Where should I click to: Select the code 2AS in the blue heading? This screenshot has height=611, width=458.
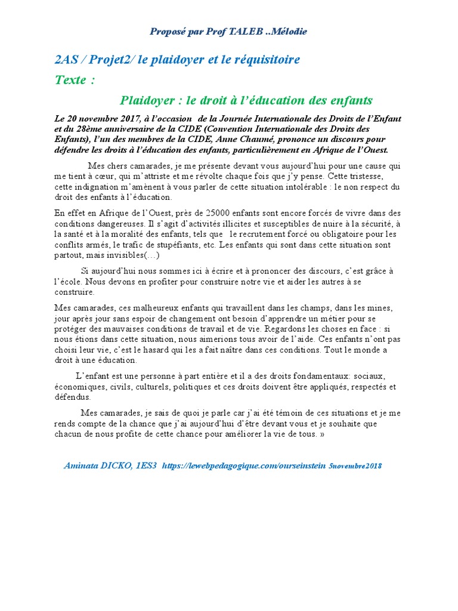coord(65,60)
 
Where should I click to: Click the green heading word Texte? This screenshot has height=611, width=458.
coord(70,80)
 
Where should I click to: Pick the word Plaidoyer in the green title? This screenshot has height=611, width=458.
coord(148,100)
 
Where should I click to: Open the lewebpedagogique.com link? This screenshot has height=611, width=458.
coord(244,465)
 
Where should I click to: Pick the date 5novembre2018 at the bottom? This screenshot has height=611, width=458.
coord(355,466)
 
